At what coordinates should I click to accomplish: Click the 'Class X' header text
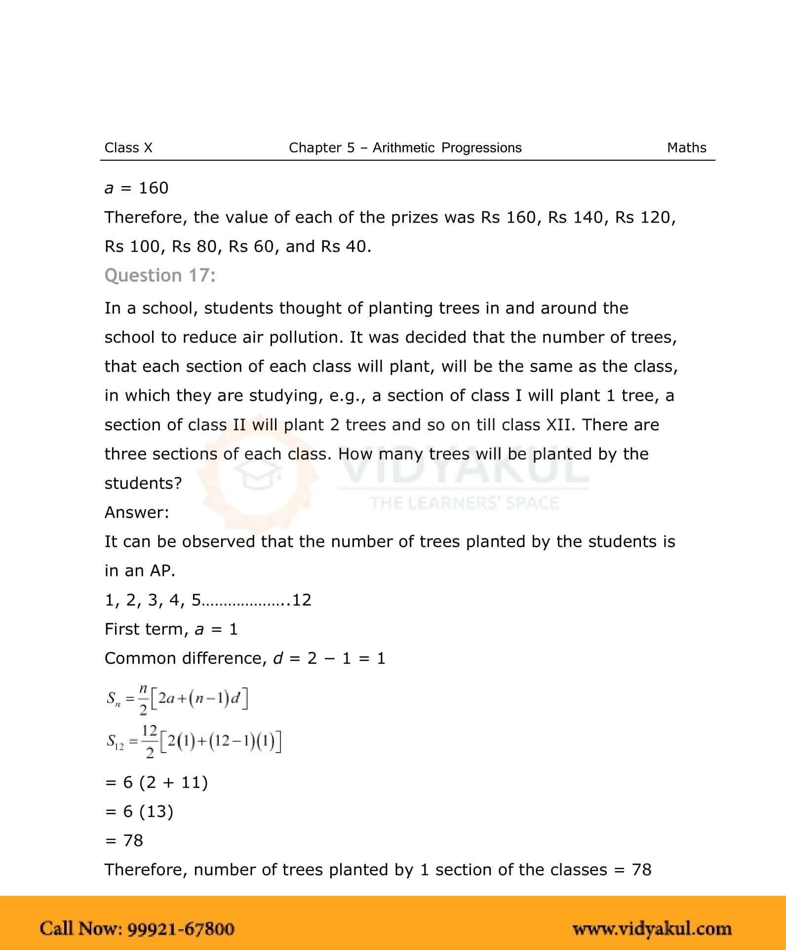coord(128,148)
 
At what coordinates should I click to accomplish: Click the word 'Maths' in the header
coord(686,148)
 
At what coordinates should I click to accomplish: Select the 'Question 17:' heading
coord(160,275)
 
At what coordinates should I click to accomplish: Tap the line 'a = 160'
coord(136,188)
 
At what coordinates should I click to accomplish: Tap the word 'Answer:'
coord(137,512)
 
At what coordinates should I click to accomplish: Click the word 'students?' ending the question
coord(143,483)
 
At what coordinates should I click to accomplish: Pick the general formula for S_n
coord(177,699)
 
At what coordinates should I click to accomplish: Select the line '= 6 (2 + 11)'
coord(157,782)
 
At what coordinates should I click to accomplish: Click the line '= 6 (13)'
coord(139,811)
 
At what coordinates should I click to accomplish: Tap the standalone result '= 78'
coord(124,840)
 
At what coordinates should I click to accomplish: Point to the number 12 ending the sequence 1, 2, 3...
coord(302,600)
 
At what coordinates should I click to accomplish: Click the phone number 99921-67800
coord(181,928)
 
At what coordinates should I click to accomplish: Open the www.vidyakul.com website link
coord(652,928)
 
